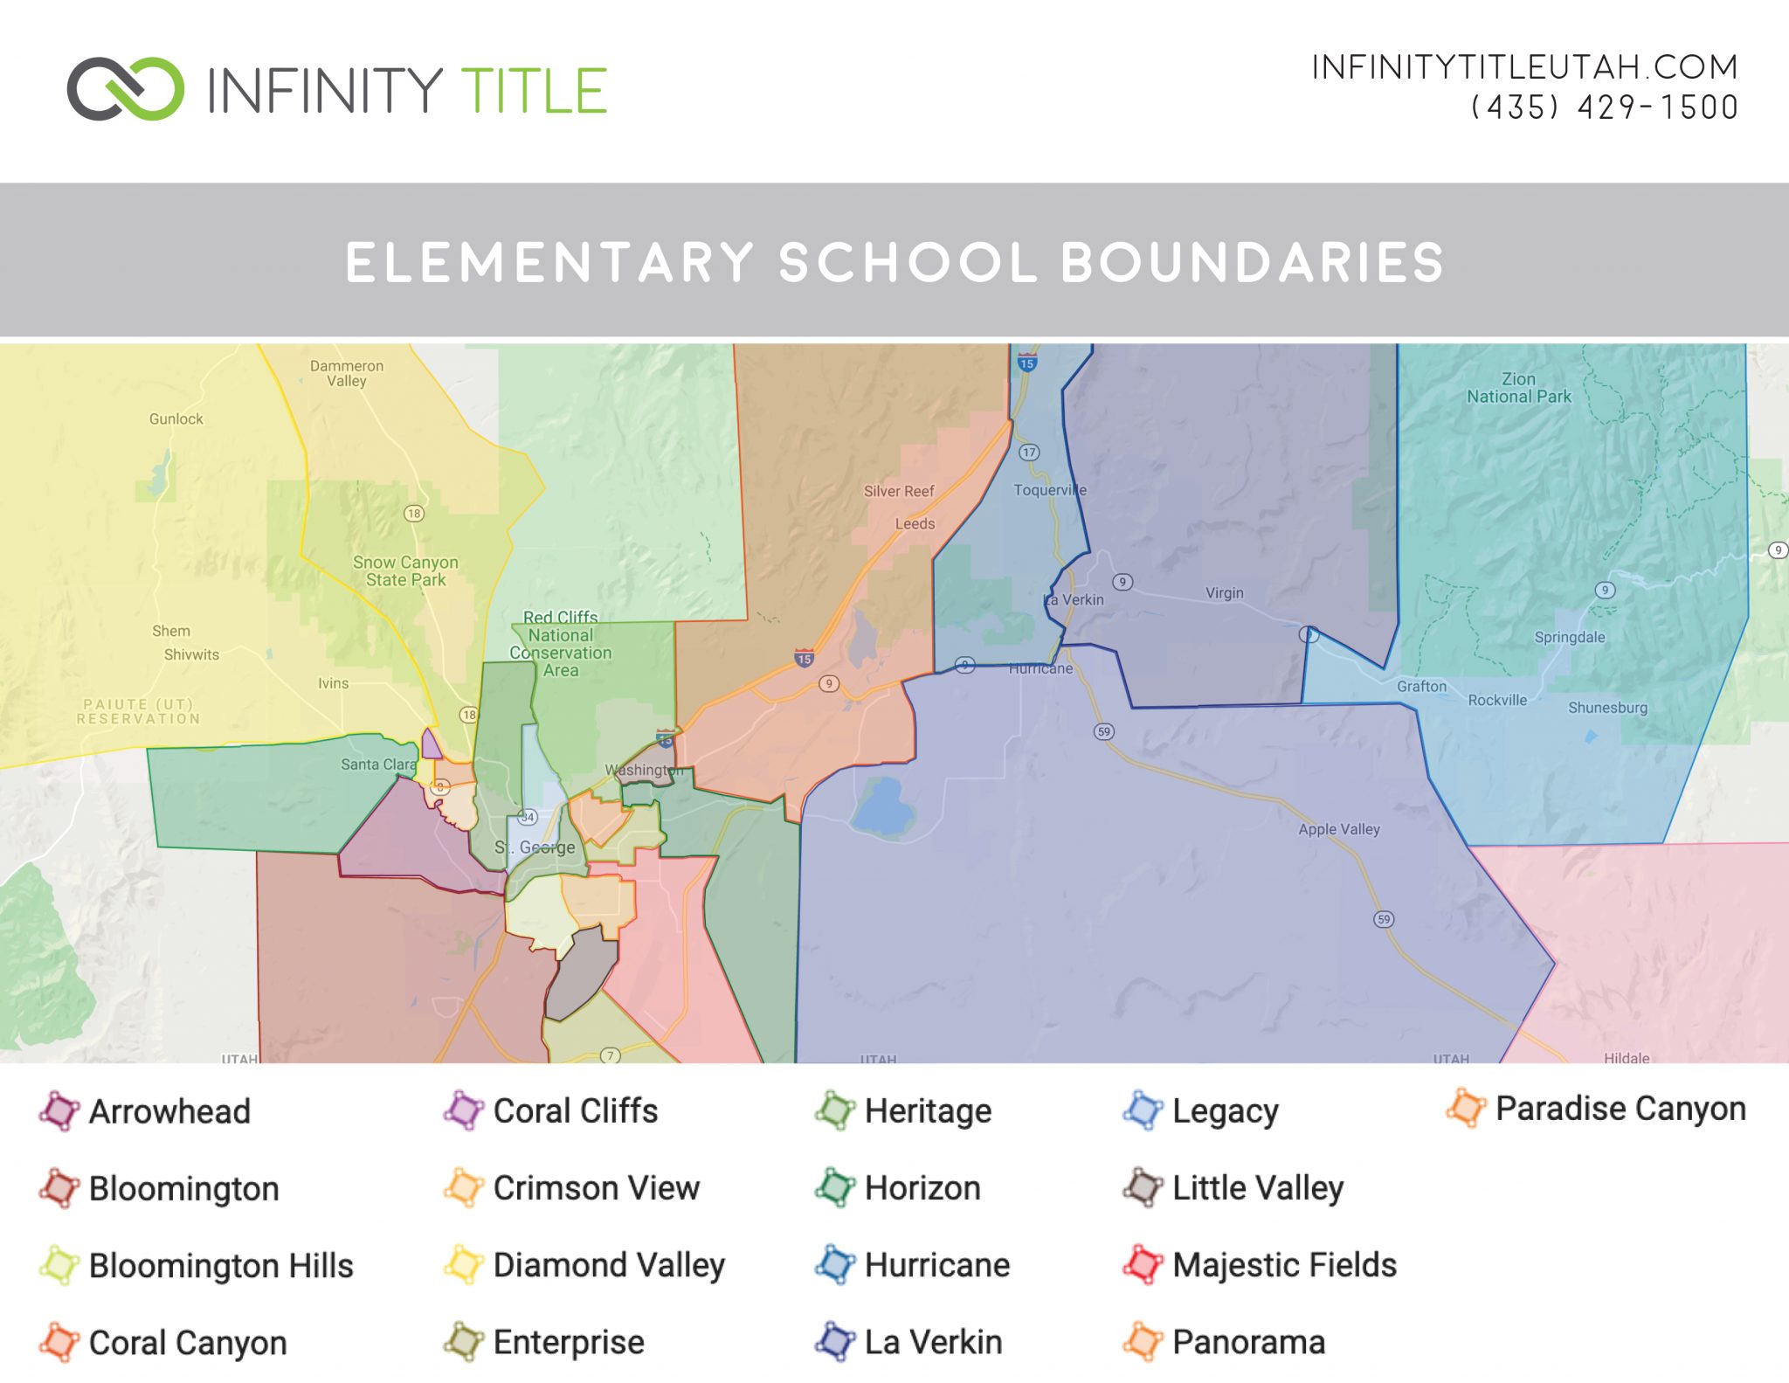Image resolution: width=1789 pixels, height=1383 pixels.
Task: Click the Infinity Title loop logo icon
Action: click(x=125, y=88)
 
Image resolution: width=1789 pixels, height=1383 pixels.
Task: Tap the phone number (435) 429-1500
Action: click(x=1604, y=107)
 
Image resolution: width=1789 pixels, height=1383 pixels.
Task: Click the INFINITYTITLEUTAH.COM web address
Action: click(x=1524, y=67)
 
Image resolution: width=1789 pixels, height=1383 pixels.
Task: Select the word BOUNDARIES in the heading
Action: click(x=1252, y=262)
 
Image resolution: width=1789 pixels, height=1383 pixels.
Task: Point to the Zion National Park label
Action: click(x=1518, y=388)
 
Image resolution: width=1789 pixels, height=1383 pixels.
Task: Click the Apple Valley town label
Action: click(x=1338, y=829)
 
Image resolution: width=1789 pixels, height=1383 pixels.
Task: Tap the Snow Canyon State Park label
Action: click(x=405, y=571)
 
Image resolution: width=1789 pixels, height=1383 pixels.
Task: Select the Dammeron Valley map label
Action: click(x=347, y=373)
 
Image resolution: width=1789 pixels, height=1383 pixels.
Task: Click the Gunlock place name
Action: click(x=176, y=419)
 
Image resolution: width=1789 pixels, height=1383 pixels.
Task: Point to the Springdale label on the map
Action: click(x=1569, y=637)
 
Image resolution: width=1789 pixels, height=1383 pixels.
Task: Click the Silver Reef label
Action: click(x=898, y=491)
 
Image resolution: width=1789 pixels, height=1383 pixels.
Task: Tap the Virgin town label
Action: click(x=1224, y=593)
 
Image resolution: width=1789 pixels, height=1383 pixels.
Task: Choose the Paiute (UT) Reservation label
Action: click(x=138, y=711)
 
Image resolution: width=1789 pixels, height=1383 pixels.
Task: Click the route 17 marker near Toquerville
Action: click(x=1029, y=452)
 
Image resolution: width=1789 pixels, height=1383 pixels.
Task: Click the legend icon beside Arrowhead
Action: click(x=59, y=1111)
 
